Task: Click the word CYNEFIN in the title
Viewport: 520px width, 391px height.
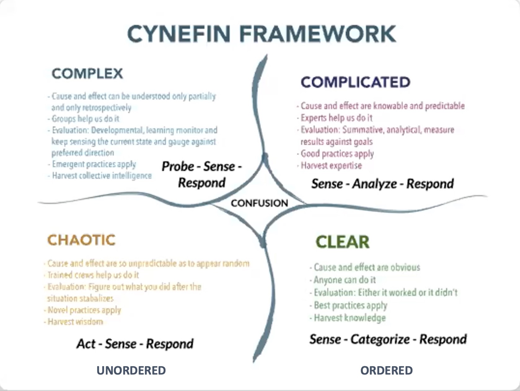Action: click(x=178, y=34)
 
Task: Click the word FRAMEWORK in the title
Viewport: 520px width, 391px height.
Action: click(x=318, y=34)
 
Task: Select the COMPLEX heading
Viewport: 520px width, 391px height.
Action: click(x=87, y=74)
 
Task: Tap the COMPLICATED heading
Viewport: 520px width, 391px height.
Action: click(x=355, y=82)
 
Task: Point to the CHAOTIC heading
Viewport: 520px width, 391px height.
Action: click(x=82, y=240)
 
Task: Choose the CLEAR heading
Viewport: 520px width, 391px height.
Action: click(x=342, y=242)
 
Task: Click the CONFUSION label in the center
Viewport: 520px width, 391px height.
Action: click(x=259, y=203)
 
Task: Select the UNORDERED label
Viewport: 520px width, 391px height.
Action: click(x=131, y=371)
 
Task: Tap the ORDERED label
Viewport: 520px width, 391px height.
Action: click(x=386, y=371)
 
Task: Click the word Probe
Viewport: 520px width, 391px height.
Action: click(x=178, y=166)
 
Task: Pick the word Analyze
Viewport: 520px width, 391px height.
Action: click(x=374, y=184)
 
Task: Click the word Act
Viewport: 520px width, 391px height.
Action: click(x=86, y=344)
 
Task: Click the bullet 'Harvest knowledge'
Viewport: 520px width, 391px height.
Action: click(x=350, y=318)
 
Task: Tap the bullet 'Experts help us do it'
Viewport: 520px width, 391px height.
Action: click(x=337, y=118)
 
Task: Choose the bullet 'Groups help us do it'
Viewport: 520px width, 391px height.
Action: click(x=85, y=119)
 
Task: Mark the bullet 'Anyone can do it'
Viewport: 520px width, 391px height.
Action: click(x=345, y=280)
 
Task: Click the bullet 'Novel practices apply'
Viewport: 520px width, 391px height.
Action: click(x=84, y=310)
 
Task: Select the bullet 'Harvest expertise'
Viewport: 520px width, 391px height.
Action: click(x=331, y=165)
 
